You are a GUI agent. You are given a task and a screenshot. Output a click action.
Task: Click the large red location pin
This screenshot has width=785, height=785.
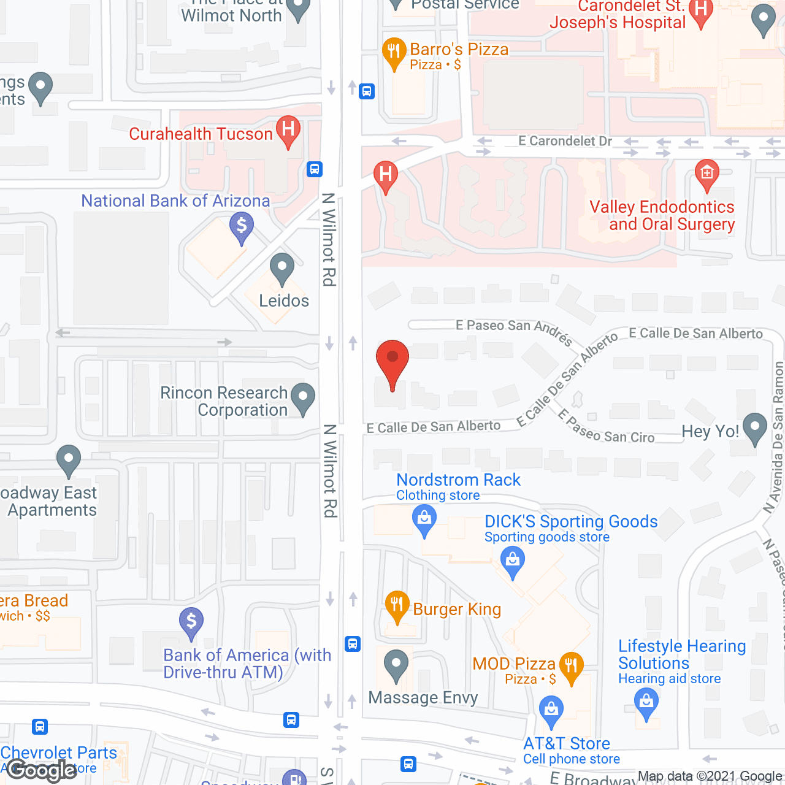[392, 362]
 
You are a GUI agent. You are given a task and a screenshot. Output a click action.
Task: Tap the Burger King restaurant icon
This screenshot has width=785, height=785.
[397, 606]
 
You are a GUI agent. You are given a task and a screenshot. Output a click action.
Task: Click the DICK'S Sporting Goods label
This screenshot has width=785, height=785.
[570, 522]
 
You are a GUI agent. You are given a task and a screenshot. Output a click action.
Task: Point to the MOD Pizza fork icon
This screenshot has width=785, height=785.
[571, 667]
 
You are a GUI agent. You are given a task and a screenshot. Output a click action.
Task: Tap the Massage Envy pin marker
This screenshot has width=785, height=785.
[396, 665]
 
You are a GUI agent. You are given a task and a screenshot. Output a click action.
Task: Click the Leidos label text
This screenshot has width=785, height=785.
[283, 301]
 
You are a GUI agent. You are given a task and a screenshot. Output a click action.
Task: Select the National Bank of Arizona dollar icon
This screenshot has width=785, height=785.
[242, 227]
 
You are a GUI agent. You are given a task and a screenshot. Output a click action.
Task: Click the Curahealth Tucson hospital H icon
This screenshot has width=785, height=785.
[288, 131]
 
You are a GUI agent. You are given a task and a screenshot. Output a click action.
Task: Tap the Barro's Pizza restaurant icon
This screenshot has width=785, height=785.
[394, 53]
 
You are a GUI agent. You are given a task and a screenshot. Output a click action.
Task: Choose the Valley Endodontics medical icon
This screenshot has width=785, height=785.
[706, 174]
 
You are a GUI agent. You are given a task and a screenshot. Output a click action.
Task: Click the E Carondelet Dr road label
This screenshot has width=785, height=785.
[565, 141]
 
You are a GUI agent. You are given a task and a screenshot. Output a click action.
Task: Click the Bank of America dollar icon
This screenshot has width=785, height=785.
[191, 622]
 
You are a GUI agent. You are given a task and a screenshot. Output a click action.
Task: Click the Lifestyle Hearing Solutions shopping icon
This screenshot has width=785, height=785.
[646, 702]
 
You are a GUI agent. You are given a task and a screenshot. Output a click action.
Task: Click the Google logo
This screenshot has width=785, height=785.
[42, 770]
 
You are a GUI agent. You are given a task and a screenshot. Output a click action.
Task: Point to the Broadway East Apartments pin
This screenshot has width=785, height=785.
[69, 459]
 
